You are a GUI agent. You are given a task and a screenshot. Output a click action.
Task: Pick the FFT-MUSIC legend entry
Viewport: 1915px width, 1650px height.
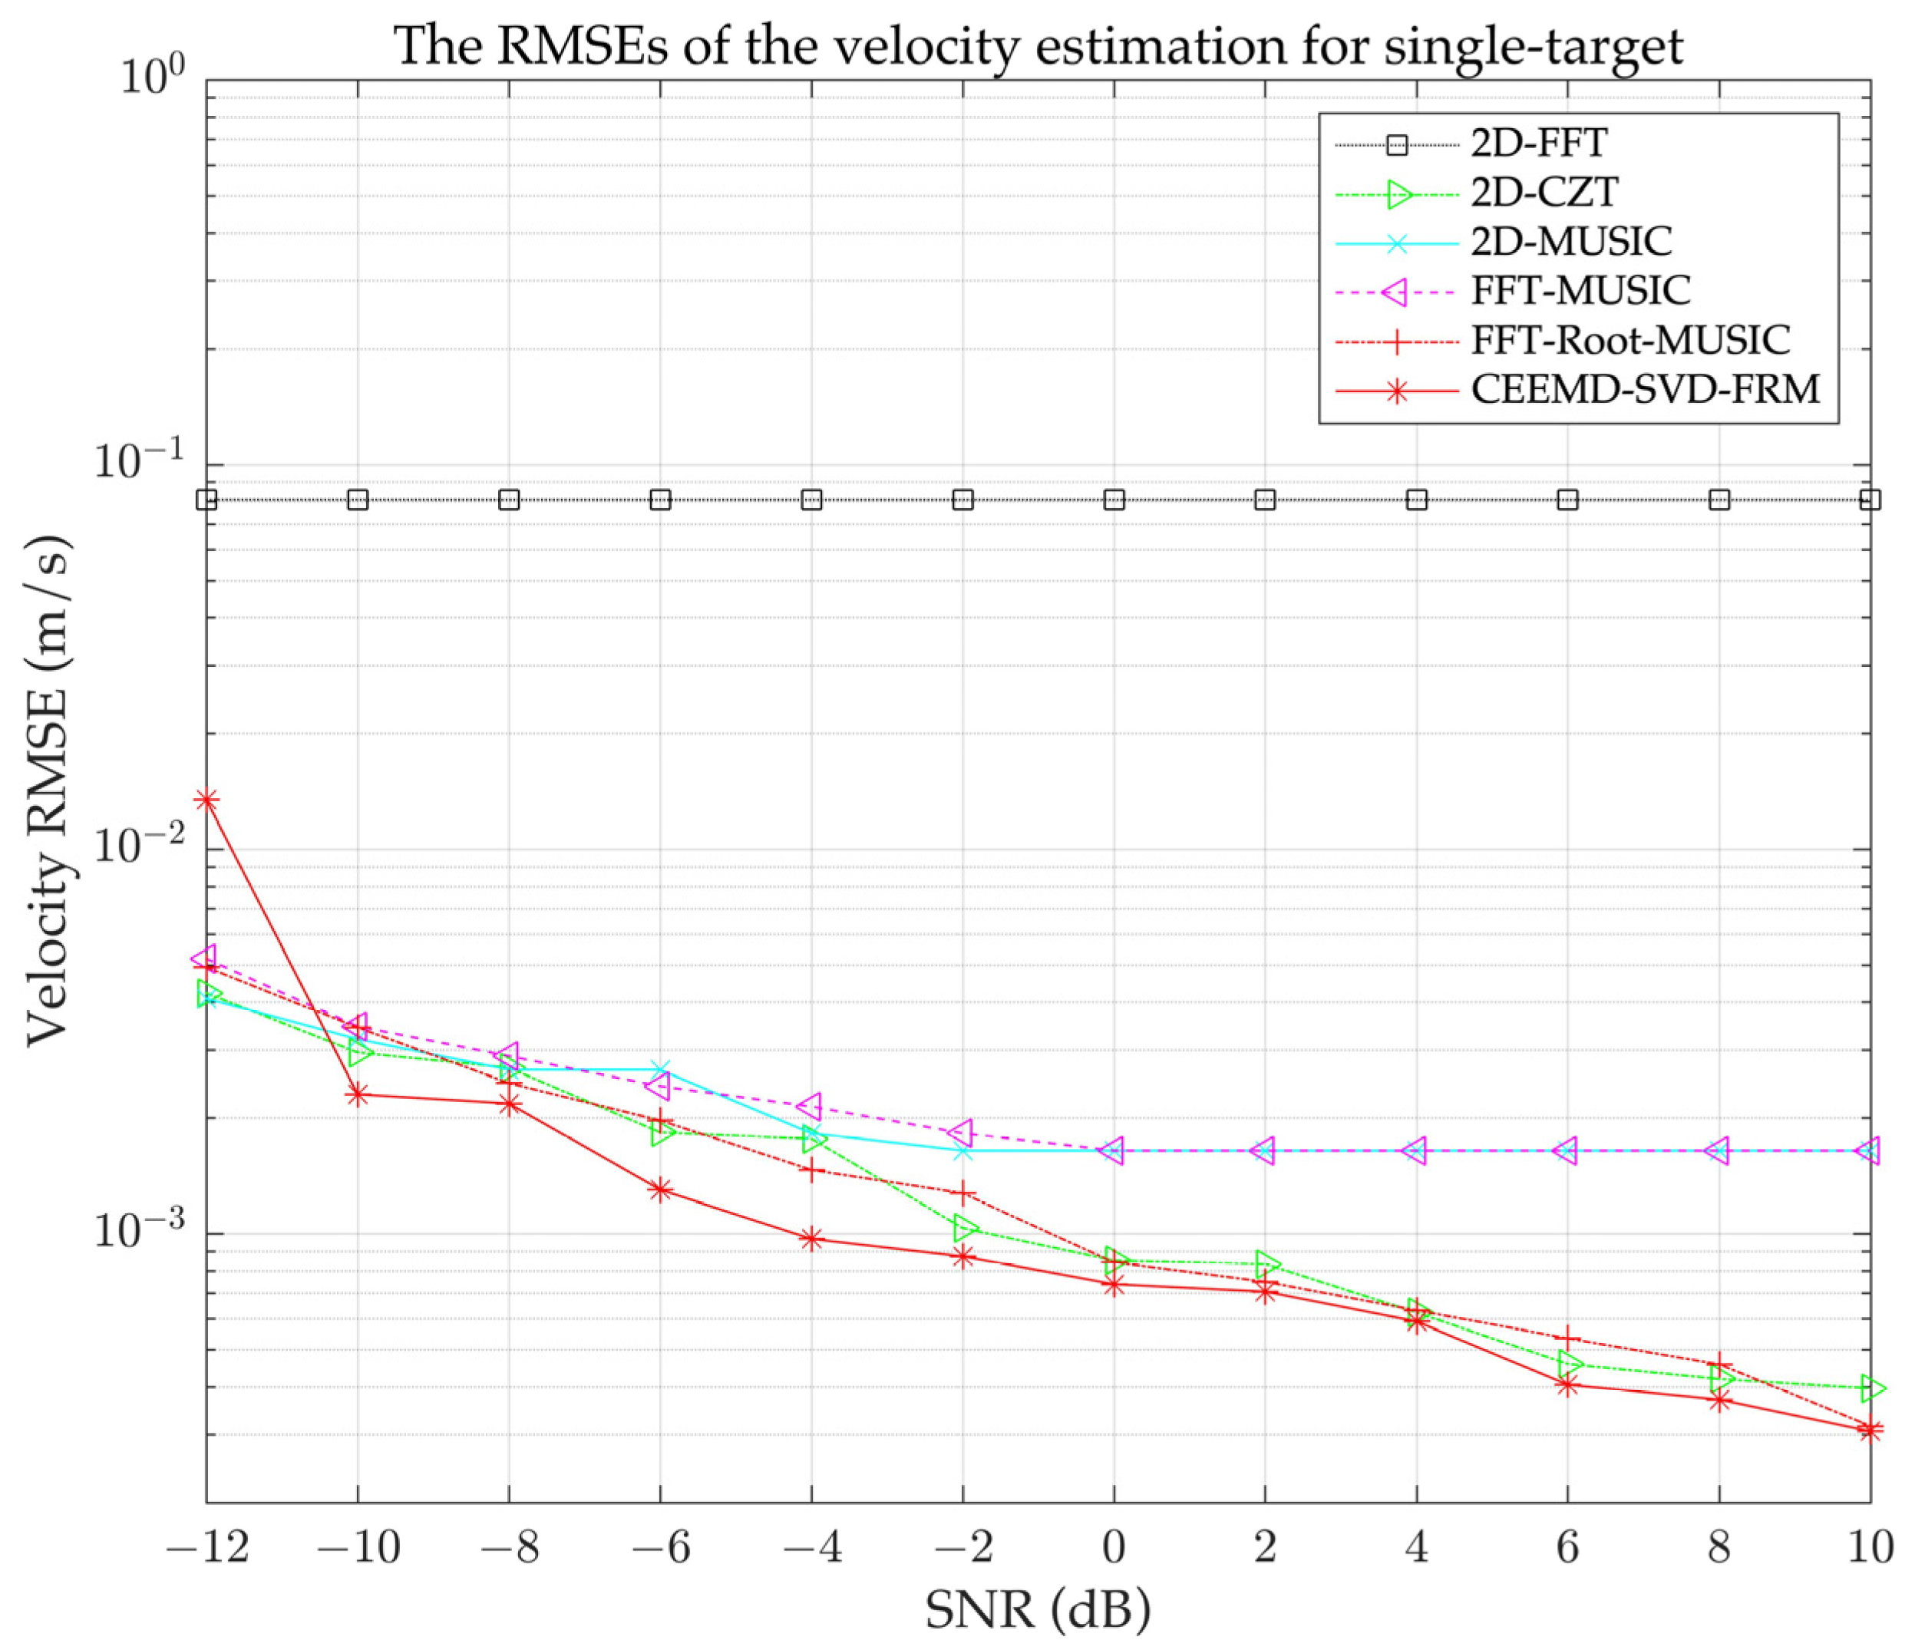(1580, 291)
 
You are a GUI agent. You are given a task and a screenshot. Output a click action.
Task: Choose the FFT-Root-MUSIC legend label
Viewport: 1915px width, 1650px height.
(1630, 340)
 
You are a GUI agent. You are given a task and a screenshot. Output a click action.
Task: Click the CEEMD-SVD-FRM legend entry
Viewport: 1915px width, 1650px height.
(1645, 389)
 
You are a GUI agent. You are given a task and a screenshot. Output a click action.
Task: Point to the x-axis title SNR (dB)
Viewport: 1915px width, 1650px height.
(1037, 1610)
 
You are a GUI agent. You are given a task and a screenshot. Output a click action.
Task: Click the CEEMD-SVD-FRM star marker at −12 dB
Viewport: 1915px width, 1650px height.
(207, 799)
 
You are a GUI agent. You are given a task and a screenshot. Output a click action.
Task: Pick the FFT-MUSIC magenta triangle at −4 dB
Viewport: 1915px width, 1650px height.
(811, 1106)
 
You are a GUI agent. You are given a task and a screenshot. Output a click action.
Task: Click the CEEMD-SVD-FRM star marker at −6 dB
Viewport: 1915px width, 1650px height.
(660, 1190)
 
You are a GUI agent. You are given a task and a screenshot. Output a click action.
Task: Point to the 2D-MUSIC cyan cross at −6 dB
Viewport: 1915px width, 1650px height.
(660, 1070)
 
